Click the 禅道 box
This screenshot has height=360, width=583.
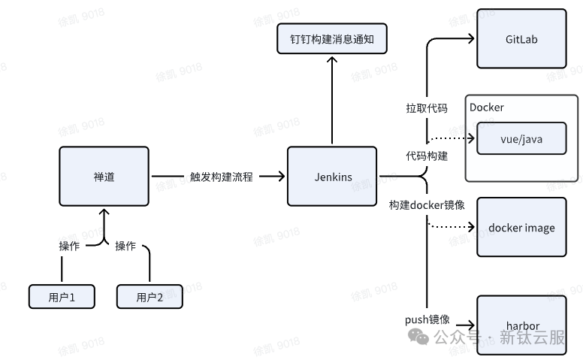pyautogui.click(x=104, y=177)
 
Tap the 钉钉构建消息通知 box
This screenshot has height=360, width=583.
pyautogui.click(x=331, y=38)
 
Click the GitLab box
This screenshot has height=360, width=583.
pyautogui.click(x=521, y=38)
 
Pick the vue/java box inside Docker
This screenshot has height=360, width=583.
pyautogui.click(x=521, y=139)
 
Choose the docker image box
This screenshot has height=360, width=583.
pyautogui.click(x=521, y=228)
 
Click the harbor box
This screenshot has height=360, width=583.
pyautogui.click(x=521, y=325)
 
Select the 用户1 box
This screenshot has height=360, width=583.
pyautogui.click(x=62, y=297)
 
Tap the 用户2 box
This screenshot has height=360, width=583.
pyautogui.click(x=150, y=297)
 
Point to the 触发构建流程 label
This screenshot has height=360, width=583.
pyautogui.click(x=221, y=177)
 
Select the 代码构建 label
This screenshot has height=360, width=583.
pyautogui.click(x=427, y=156)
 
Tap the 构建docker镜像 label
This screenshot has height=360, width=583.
pyautogui.click(x=427, y=205)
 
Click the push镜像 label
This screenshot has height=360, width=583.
pyautogui.click(x=427, y=319)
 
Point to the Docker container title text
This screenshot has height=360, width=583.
pyautogui.click(x=487, y=107)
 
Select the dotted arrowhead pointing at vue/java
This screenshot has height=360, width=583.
pyautogui.click(x=472, y=139)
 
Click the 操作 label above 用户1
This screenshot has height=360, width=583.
pyautogui.click(x=70, y=246)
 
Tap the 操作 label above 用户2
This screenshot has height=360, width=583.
pyautogui.click(x=125, y=246)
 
